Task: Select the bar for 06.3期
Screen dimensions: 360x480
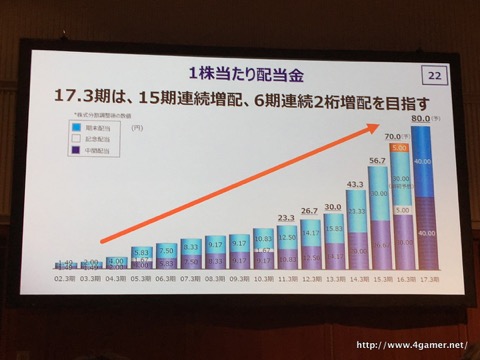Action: click(x=166, y=259)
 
